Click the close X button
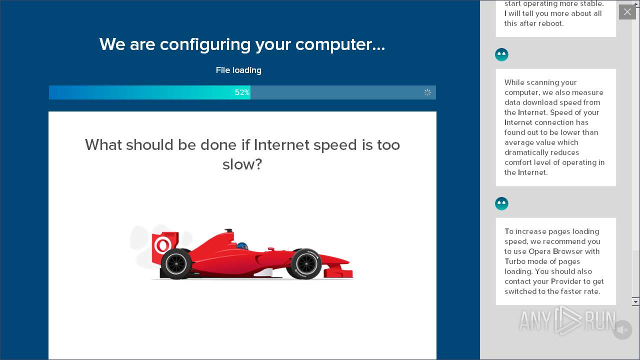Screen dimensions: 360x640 coord(627,12)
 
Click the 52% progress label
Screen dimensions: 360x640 coord(242,92)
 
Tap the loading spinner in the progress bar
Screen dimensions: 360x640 coord(427,92)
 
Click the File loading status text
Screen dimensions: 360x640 coord(238,70)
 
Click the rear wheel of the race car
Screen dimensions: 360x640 coord(176,263)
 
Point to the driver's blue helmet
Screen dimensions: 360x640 coord(242,246)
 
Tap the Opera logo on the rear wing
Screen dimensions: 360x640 coord(162,245)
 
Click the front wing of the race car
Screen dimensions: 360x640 coord(340,272)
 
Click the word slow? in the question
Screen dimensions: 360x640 coord(242,164)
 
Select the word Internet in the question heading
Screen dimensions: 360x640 coord(281,145)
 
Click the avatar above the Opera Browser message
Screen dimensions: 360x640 coord(501,203)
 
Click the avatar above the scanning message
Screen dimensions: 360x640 coord(501,54)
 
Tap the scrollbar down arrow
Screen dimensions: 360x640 coord(635,301)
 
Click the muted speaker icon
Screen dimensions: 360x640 coord(622,330)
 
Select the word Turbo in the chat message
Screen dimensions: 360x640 coord(515,261)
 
